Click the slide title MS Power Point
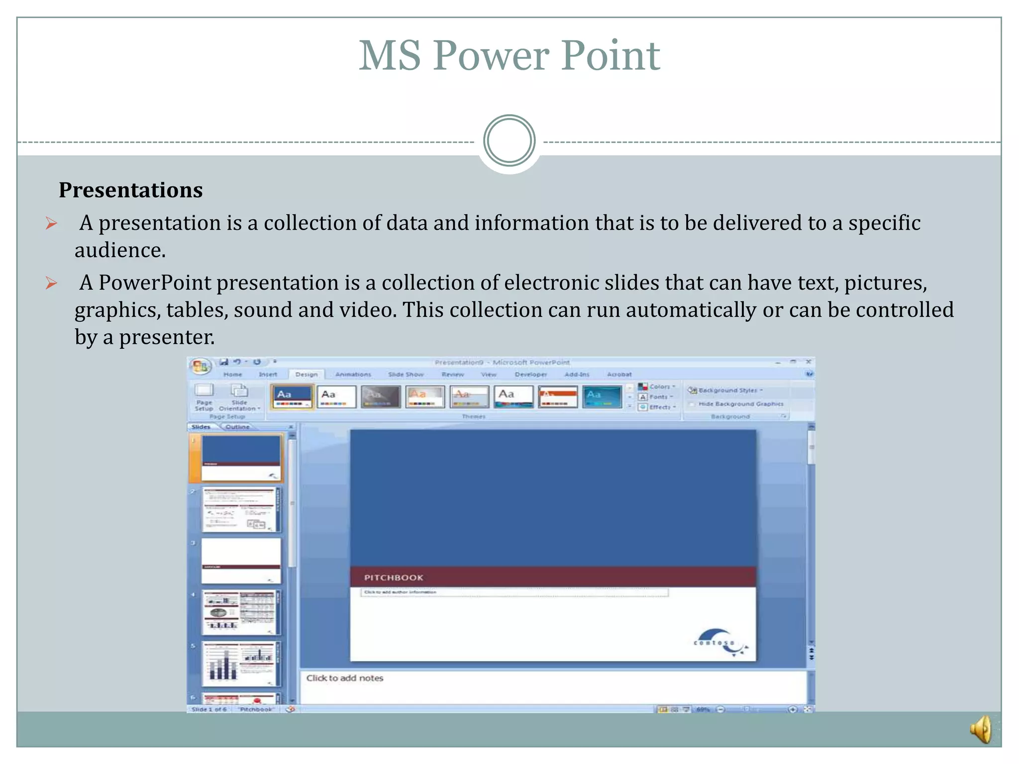pyautogui.click(x=509, y=56)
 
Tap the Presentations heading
pyautogui.click(x=130, y=190)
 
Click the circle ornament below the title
pyautogui.click(x=509, y=141)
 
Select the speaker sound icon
pyautogui.click(x=981, y=730)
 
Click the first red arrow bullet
pyautogui.click(x=51, y=223)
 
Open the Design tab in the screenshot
pyautogui.click(x=306, y=375)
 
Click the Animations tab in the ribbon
pyautogui.click(x=353, y=375)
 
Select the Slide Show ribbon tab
pyautogui.click(x=406, y=375)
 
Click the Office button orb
pyautogui.click(x=200, y=367)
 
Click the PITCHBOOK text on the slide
pyautogui.click(x=394, y=577)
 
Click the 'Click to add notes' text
pyautogui.click(x=344, y=678)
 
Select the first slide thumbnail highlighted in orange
pyautogui.click(x=241, y=458)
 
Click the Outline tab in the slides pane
pyautogui.click(x=237, y=427)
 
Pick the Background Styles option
pyautogui.click(x=726, y=390)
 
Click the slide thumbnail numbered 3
pyautogui.click(x=241, y=561)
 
